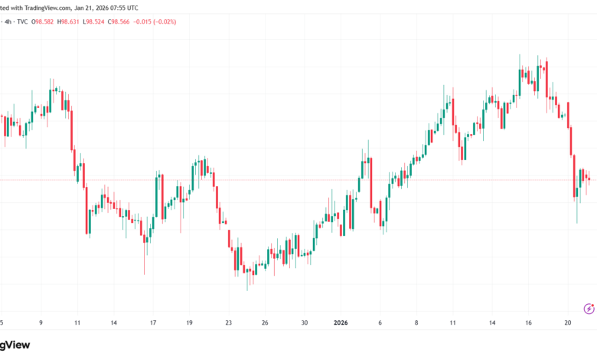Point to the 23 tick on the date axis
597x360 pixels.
pyautogui.click(x=227, y=322)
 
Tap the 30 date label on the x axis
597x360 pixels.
pyautogui.click(x=304, y=322)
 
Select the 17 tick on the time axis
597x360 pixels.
pyautogui.click(x=153, y=322)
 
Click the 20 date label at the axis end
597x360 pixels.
pyautogui.click(x=567, y=322)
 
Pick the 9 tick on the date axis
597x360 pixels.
pyautogui.click(x=41, y=322)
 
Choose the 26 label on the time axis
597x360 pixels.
pyautogui.click(x=265, y=322)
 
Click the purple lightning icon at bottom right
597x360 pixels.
pyautogui.click(x=588, y=309)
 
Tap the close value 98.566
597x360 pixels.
pyautogui.click(x=158, y=21)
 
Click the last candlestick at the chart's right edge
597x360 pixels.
pyautogui.click(x=589, y=179)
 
